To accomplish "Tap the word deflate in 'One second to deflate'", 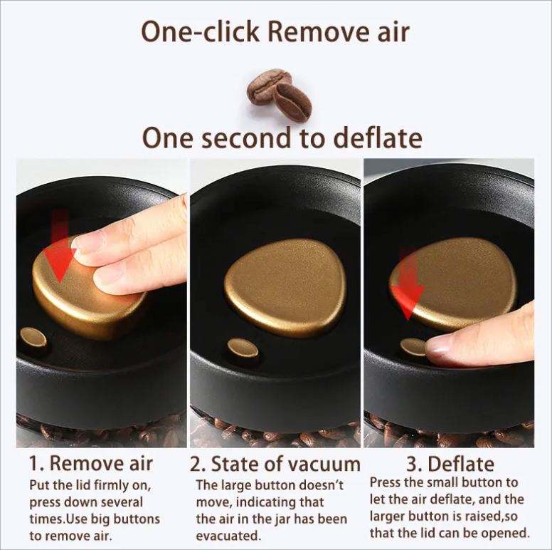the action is click(x=378, y=137).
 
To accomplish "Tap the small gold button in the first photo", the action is click(x=33, y=338).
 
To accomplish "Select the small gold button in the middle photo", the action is click(x=243, y=348).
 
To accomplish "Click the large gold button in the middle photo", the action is click(x=285, y=286).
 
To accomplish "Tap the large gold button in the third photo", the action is click(x=454, y=282).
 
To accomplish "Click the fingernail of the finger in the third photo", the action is click(x=438, y=345).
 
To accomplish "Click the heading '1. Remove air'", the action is click(x=91, y=463).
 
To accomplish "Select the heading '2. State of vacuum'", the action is click(x=275, y=464).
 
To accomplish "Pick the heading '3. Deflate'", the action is click(x=450, y=464).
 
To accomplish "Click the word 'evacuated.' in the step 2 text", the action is click(x=228, y=536).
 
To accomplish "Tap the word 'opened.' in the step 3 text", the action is click(x=508, y=532).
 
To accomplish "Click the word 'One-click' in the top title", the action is click(x=201, y=32).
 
